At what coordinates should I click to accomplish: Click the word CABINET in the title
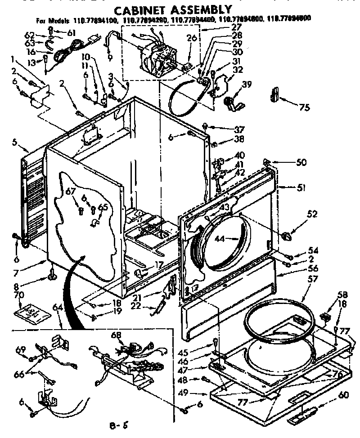(138, 9)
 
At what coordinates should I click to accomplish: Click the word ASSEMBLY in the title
(198, 9)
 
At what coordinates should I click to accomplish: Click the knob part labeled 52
(286, 235)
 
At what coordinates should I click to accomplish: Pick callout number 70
(19, 295)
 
